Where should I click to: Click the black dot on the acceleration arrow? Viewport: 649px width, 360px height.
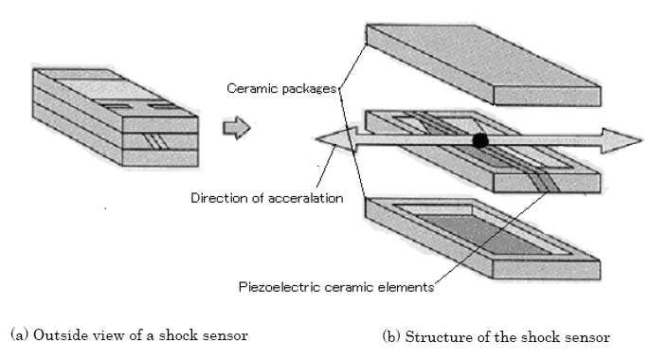[x=480, y=141]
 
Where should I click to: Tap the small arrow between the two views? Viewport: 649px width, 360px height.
[x=237, y=128]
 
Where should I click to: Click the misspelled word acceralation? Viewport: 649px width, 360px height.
[x=305, y=199]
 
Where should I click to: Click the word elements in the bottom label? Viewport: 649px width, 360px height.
[x=406, y=287]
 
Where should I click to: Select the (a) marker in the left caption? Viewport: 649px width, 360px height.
[x=20, y=334]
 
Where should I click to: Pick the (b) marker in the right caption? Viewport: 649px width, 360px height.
[x=391, y=336]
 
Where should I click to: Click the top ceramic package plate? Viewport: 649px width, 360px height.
[x=483, y=64]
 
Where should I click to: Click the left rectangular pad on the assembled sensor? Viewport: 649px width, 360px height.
[x=116, y=106]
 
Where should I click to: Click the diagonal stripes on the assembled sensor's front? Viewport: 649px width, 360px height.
[x=155, y=141]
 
